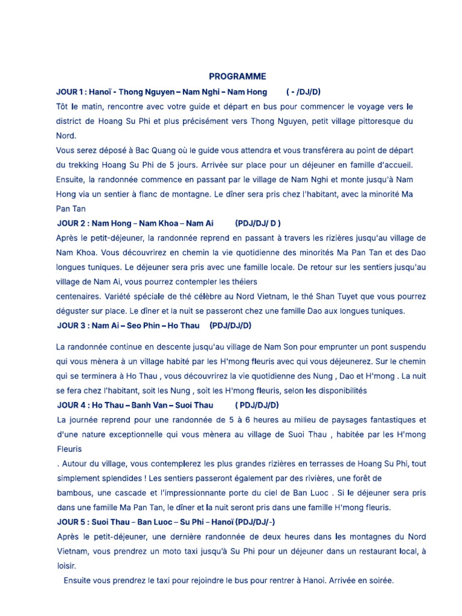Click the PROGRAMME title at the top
coord(237,76)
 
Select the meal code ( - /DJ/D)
coord(304,92)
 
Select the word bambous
coord(75,493)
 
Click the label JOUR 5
coord(70,522)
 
